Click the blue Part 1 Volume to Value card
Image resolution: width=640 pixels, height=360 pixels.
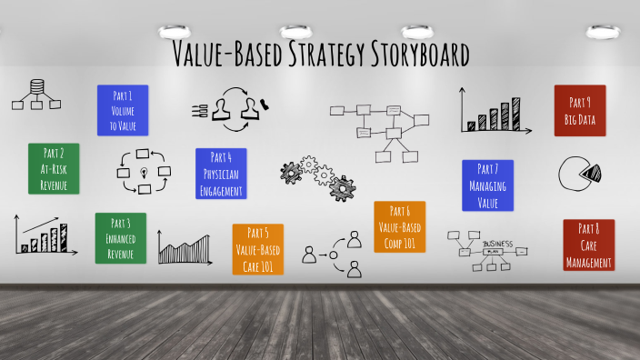click(122, 110)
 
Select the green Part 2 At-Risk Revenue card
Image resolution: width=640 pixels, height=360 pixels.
click(54, 168)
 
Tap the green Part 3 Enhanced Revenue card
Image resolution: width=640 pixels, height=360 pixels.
click(120, 238)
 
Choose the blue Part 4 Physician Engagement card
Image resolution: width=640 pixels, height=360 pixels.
click(221, 174)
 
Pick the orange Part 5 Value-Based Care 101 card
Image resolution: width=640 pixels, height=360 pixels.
click(257, 249)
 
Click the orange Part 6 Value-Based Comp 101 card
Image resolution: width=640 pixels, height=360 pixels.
click(399, 226)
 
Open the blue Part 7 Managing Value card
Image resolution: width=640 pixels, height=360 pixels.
click(488, 185)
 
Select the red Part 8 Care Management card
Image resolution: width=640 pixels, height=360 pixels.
click(588, 245)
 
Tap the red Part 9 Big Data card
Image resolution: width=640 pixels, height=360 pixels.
click(580, 111)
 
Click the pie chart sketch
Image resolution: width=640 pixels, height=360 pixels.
click(583, 174)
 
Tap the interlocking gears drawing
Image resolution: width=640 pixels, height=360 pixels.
click(319, 176)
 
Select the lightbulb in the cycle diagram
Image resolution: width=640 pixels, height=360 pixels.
click(144, 172)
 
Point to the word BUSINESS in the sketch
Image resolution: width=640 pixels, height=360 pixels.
click(497, 245)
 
